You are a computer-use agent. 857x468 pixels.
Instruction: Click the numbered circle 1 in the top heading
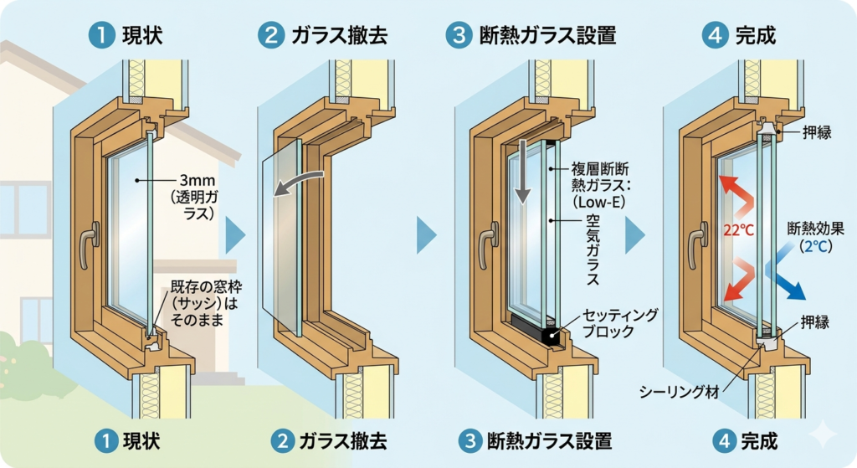(x=101, y=35)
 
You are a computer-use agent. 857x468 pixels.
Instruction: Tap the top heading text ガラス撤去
(x=340, y=35)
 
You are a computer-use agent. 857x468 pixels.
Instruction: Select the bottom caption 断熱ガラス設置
(x=549, y=441)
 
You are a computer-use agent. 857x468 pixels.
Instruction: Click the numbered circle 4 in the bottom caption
(x=725, y=441)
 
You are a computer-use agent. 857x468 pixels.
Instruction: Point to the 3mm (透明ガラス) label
(x=193, y=197)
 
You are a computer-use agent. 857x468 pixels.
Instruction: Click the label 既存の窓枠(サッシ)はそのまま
(x=206, y=303)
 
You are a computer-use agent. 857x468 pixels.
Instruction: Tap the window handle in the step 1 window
(x=89, y=244)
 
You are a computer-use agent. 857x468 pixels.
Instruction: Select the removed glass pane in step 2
(x=281, y=236)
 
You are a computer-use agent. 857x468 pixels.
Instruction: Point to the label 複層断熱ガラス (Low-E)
(x=600, y=185)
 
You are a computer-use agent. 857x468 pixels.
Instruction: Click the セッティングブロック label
(x=620, y=323)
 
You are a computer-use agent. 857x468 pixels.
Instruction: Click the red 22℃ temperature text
(x=738, y=230)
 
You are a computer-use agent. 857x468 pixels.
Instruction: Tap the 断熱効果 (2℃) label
(x=815, y=237)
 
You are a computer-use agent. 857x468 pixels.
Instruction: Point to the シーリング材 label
(x=679, y=392)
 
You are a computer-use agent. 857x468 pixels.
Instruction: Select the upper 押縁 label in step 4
(x=817, y=131)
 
